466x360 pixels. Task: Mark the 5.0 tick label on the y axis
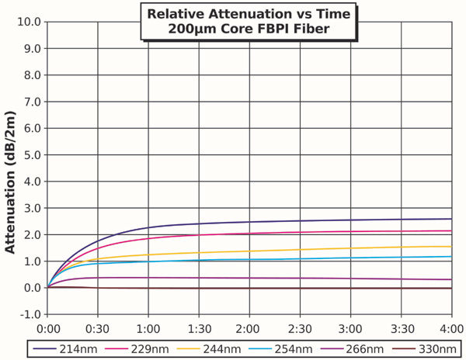(32, 154)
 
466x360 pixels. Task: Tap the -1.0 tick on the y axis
(30, 314)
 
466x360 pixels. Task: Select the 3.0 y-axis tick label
(32, 208)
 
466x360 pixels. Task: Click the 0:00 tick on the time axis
(48, 327)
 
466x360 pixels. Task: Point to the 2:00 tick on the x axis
(249, 327)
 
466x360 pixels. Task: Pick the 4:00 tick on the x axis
(451, 327)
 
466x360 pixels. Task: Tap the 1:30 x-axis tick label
(199, 327)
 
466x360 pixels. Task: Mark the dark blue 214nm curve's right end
(450, 219)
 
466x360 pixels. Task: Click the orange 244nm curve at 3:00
(350, 249)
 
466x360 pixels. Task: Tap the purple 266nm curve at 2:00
(249, 278)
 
